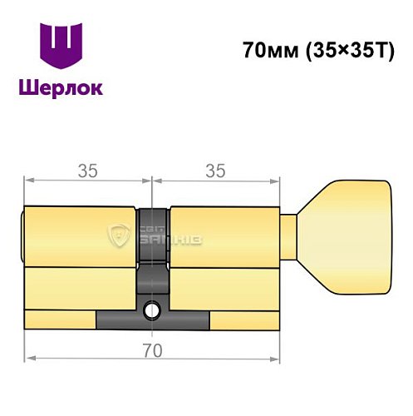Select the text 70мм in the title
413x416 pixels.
click(265, 49)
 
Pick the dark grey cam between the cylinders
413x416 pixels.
click(152, 250)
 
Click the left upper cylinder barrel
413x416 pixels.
click(79, 234)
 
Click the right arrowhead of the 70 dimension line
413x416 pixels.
click(275, 359)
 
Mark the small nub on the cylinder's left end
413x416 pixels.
click(22, 233)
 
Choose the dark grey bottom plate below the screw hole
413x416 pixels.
click(152, 320)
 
